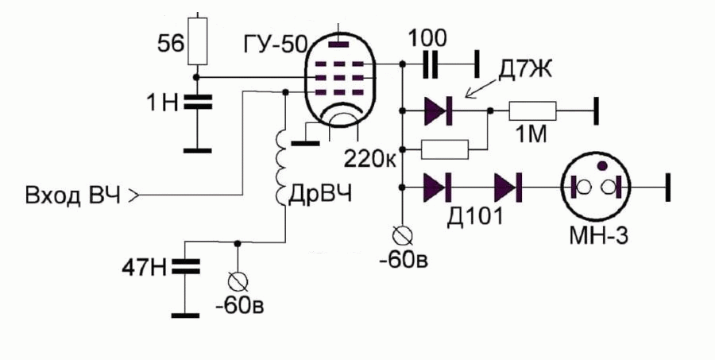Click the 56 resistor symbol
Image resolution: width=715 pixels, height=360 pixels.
click(x=198, y=41)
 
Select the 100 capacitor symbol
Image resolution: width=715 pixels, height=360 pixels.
click(x=430, y=64)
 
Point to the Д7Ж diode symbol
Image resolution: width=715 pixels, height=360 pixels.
click(x=438, y=111)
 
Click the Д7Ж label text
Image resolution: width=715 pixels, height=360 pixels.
click(x=524, y=72)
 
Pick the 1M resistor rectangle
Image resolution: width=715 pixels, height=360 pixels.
click(x=532, y=111)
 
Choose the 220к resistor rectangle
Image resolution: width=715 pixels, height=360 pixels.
click(x=445, y=149)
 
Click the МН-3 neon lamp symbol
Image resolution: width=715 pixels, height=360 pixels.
click(x=595, y=187)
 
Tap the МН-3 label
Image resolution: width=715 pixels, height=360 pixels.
click(x=598, y=235)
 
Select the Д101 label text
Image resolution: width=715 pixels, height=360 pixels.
click(x=475, y=216)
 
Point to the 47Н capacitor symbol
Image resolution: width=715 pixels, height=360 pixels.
click(x=186, y=267)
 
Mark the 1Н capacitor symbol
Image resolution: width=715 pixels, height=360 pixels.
click(x=198, y=103)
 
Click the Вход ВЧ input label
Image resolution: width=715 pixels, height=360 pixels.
click(x=73, y=196)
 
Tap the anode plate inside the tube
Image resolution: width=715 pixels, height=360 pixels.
click(x=338, y=45)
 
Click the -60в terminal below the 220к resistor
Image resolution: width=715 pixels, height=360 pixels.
click(x=403, y=235)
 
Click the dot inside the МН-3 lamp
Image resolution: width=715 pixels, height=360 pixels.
click(x=602, y=166)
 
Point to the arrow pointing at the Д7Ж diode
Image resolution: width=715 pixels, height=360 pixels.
click(x=482, y=88)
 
